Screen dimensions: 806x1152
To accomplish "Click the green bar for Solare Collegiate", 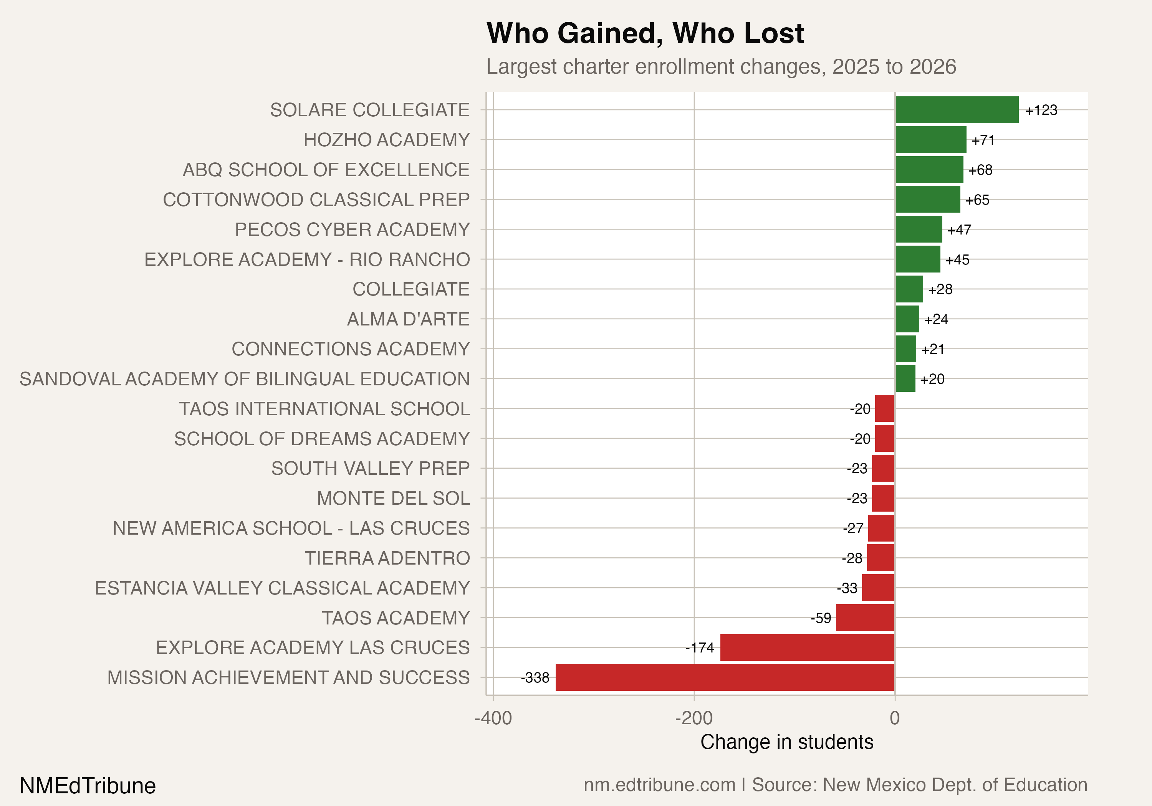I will [x=957, y=110].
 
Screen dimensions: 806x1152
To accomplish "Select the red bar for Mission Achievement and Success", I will [x=725, y=677].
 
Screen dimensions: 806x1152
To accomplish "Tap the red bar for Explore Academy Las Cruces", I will [x=807, y=647].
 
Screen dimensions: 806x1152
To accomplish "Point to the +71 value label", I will [x=983, y=140].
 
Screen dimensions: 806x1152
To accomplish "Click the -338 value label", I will [x=535, y=677].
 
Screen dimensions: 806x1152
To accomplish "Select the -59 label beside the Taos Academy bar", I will [x=821, y=618].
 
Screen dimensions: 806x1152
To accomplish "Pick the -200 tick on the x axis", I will [x=694, y=718].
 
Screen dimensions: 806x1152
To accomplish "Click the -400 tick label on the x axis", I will [x=493, y=718].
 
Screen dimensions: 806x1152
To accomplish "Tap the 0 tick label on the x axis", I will [x=895, y=718].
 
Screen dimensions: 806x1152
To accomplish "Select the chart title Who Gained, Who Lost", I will [x=645, y=34].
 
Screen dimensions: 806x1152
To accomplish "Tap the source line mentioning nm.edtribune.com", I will [x=835, y=785].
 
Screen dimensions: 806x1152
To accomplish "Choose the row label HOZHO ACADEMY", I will [x=386, y=140].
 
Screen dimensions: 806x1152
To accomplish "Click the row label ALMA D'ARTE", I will [x=408, y=319].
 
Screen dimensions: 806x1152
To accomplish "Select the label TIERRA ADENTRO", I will [x=387, y=558].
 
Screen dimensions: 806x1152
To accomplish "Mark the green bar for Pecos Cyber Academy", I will [x=919, y=229].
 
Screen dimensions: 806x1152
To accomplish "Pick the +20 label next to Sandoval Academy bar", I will [x=932, y=379].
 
